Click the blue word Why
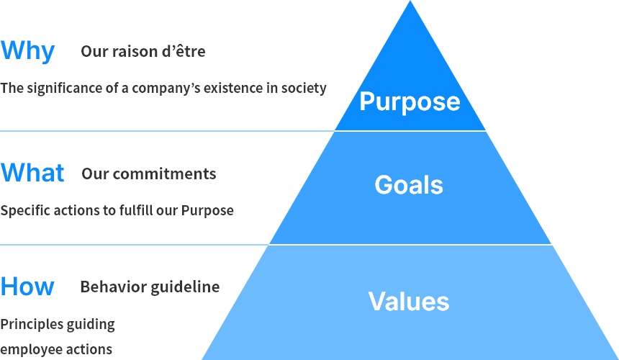pos(27,51)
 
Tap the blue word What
pos(32,173)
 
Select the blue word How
pos(27,286)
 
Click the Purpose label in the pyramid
pos(410,102)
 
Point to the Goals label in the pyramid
pos(409,185)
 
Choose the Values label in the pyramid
pos(409,301)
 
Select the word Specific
pos(25,210)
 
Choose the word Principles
pos(32,325)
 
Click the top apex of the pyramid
pos(410,1)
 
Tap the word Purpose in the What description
pos(207,210)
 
